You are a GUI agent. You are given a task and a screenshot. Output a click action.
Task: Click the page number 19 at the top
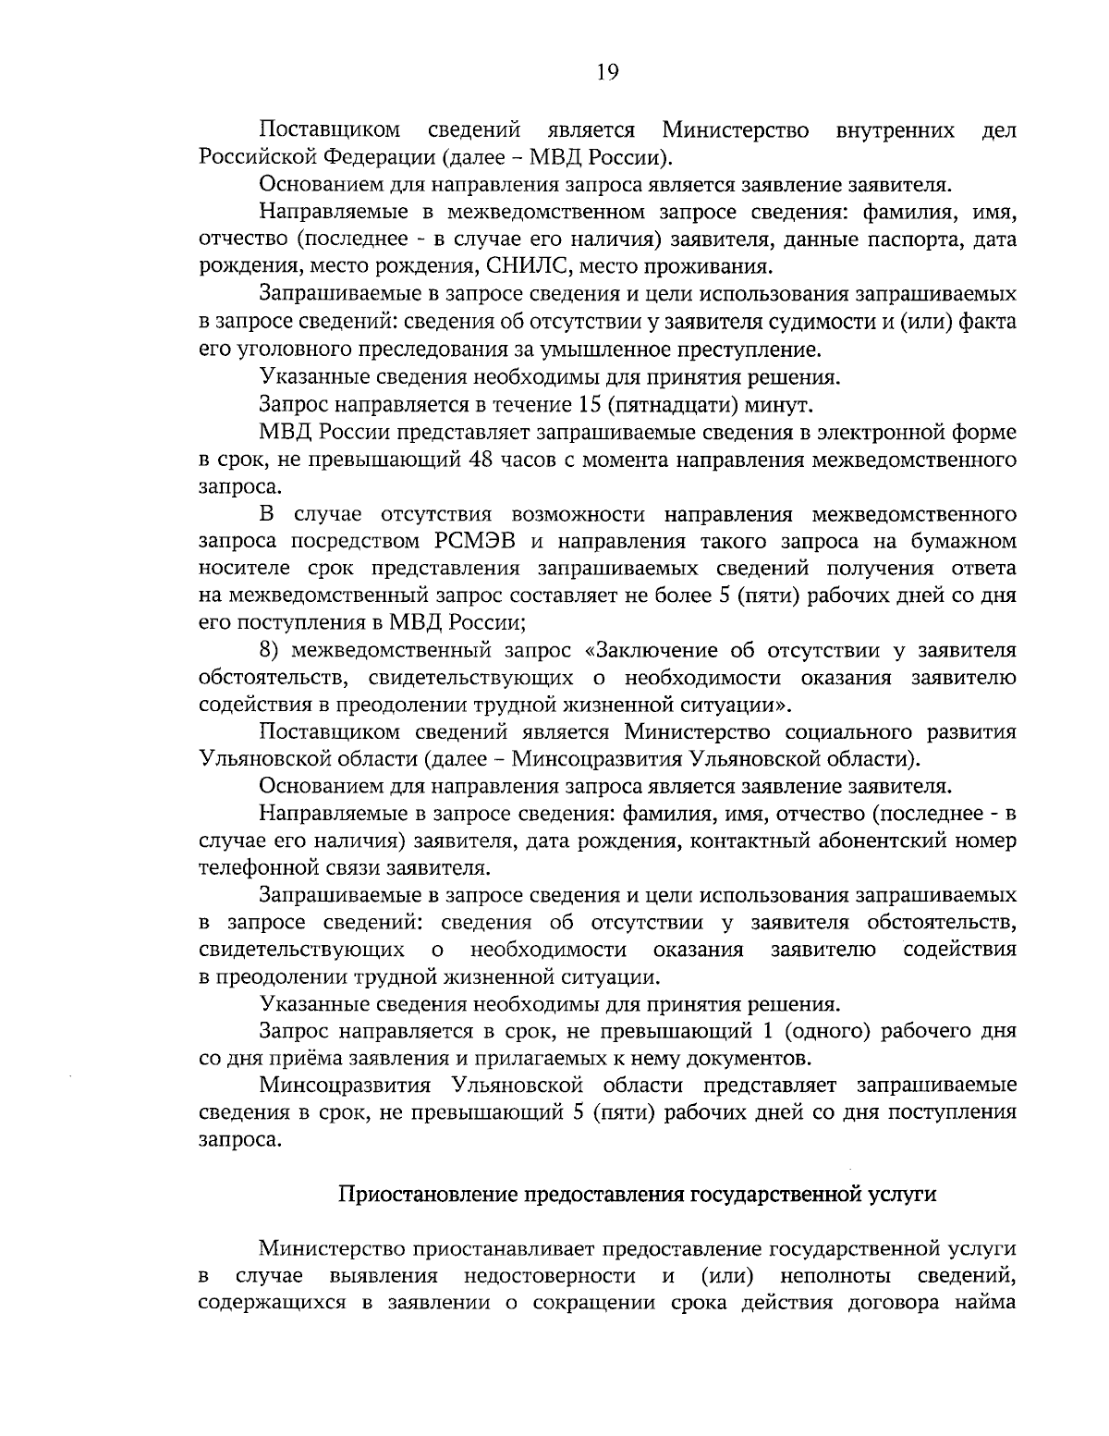pos(607,73)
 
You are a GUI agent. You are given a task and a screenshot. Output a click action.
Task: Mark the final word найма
pos(988,1305)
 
